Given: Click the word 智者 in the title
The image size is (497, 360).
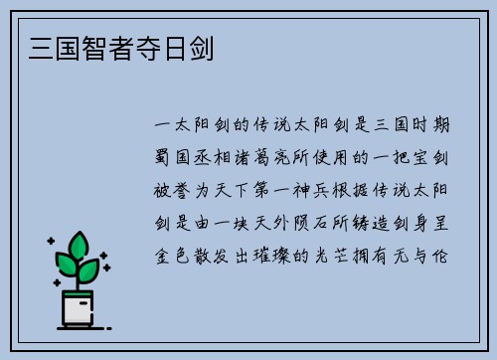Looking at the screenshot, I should coord(85,46).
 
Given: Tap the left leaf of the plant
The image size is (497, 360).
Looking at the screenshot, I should coord(67,265).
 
